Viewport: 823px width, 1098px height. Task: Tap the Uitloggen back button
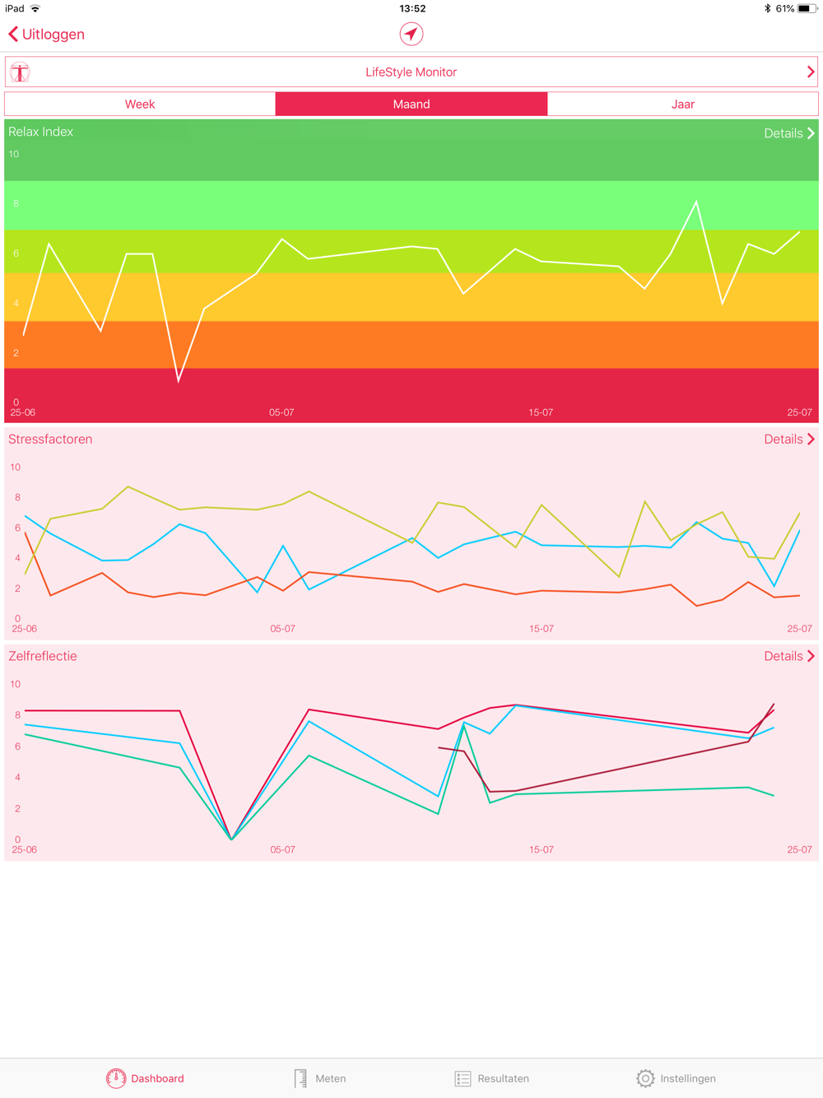[x=47, y=35]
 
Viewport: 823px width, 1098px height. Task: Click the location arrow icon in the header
[x=411, y=34]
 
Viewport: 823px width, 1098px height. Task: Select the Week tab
[x=140, y=105]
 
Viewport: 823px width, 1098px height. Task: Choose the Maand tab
[x=411, y=105]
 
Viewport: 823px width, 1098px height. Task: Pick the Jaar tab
[x=682, y=105]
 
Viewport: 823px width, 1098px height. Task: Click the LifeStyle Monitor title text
[x=411, y=72]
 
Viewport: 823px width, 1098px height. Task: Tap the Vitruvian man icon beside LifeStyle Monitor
[x=20, y=72]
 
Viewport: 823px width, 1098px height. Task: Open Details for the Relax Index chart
[x=788, y=133]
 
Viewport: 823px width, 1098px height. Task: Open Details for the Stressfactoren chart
[x=788, y=440]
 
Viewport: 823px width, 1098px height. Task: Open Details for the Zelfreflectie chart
[x=788, y=656]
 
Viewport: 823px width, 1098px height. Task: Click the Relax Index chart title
[x=41, y=132]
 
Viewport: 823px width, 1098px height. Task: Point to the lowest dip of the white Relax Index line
[x=179, y=381]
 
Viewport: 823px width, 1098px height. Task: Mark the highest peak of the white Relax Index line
[x=696, y=202]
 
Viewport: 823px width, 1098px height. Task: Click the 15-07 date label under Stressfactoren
[x=541, y=629]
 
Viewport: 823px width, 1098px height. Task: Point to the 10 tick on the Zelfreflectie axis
[x=15, y=684]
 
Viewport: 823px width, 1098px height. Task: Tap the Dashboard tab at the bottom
[x=145, y=1078]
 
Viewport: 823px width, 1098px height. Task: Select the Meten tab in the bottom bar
[x=320, y=1078]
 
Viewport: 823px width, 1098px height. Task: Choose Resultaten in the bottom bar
[x=492, y=1078]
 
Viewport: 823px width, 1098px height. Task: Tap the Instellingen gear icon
[x=645, y=1078]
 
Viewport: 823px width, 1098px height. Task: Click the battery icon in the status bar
[x=806, y=8]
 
